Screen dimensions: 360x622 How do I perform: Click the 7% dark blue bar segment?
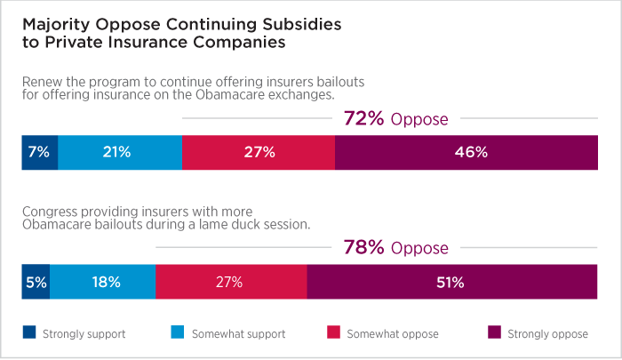[x=39, y=152]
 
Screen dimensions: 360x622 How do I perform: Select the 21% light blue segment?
[x=119, y=152]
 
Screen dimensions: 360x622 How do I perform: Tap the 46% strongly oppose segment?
[x=466, y=152]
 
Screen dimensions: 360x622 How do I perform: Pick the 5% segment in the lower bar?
[x=36, y=282]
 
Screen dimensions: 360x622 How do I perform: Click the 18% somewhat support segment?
[x=102, y=282]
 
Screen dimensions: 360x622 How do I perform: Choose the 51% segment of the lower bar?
[x=451, y=282]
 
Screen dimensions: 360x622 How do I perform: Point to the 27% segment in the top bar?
[x=258, y=152]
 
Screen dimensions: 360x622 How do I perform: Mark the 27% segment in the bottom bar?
[x=230, y=282]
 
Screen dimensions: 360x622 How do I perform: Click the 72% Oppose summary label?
[x=395, y=119]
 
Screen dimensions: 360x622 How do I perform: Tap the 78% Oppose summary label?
[x=395, y=248]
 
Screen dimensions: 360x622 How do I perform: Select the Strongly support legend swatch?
[x=28, y=333]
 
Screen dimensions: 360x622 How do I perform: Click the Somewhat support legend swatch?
[x=174, y=333]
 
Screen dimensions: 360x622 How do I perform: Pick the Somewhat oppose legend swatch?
[x=334, y=333]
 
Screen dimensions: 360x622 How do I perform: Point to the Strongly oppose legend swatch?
[x=494, y=333]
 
